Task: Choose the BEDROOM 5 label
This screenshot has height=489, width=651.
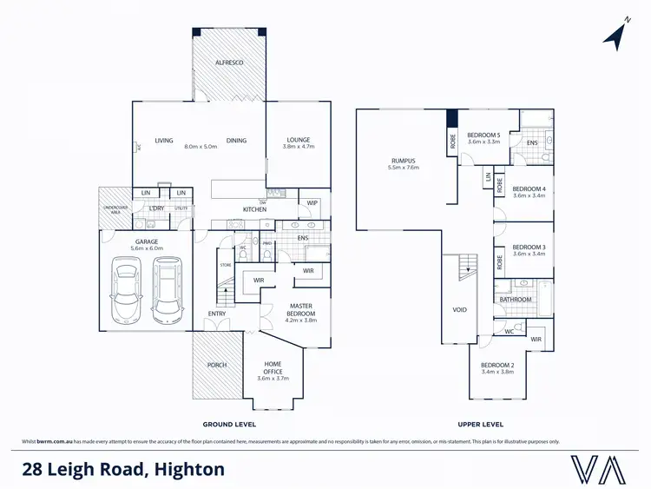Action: coord(484,135)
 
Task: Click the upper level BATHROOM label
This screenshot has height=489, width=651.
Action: coord(516,300)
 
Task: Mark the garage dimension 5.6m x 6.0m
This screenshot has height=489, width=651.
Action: coord(146,248)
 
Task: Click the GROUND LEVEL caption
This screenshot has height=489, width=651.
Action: coord(228,424)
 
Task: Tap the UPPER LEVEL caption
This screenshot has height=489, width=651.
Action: coord(481,424)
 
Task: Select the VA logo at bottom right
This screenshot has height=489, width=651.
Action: coord(598,470)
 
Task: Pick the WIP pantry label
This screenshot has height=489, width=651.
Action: coord(312,203)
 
